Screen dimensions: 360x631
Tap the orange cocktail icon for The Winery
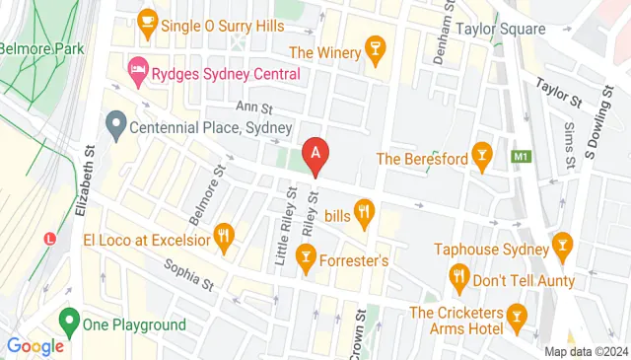[375, 48]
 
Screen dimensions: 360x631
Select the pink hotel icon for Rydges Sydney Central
[138, 69]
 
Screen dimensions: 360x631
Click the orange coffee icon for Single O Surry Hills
[148, 20]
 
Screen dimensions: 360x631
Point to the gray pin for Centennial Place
[116, 126]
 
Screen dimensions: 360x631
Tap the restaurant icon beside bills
[365, 210]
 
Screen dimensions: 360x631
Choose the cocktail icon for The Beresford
[481, 155]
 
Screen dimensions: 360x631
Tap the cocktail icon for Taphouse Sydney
[562, 243]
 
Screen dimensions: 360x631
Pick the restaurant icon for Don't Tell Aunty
[457, 277]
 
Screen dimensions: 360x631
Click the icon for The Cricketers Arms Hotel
[515, 314]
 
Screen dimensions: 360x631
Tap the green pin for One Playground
[69, 322]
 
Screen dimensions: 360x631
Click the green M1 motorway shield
[520, 156]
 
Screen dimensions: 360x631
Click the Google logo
[35, 346]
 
